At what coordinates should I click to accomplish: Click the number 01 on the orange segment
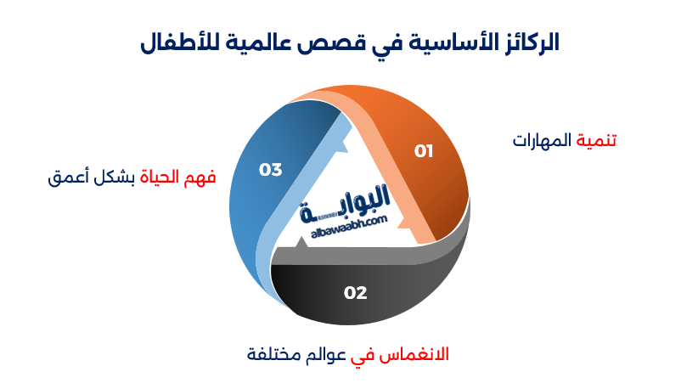[424, 151]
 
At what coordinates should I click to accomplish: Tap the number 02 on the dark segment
[355, 293]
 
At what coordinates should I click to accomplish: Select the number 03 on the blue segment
[270, 170]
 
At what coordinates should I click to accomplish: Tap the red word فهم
[205, 177]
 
